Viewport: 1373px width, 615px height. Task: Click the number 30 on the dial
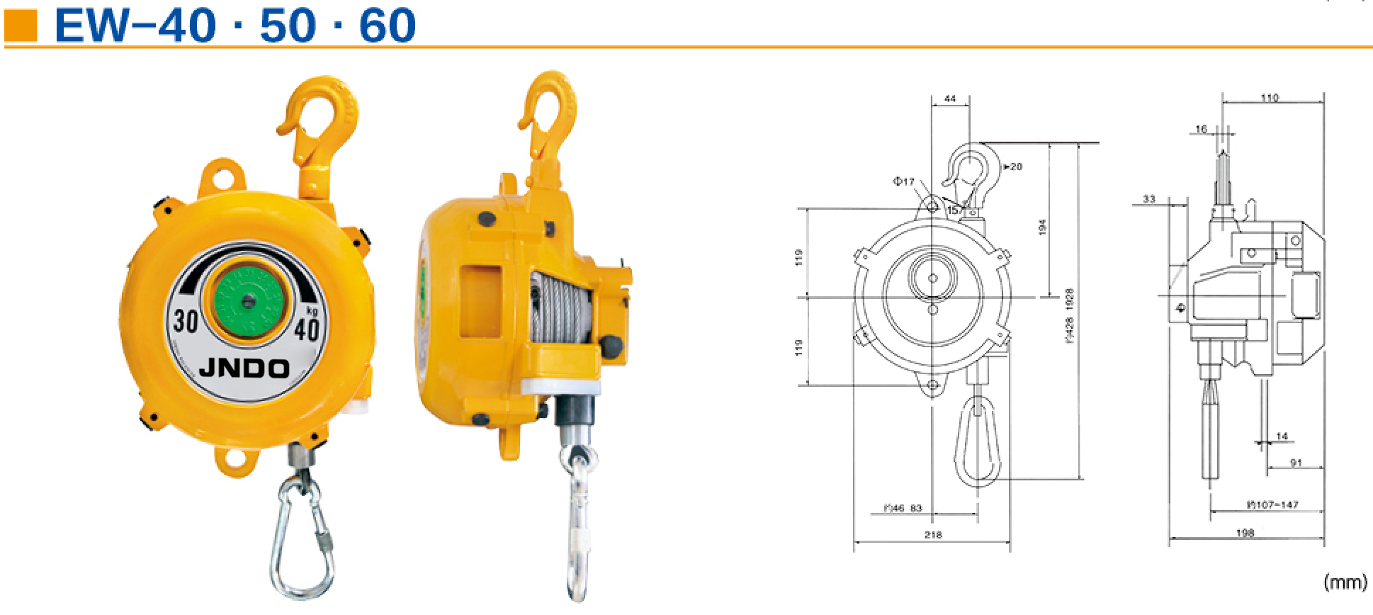pyautogui.click(x=185, y=321)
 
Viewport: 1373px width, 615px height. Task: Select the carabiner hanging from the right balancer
pyautogui.click(x=578, y=524)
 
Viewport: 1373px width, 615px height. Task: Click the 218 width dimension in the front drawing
pyautogui.click(x=933, y=536)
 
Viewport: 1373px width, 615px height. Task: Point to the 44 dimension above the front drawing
pyautogui.click(x=951, y=99)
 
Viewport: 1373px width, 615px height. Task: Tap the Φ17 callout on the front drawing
pyautogui.click(x=903, y=181)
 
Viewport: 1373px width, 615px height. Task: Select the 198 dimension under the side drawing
pyautogui.click(x=1245, y=533)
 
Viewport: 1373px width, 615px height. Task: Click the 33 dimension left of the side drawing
pyautogui.click(x=1149, y=199)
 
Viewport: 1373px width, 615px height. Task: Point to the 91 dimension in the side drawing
pyautogui.click(x=1296, y=463)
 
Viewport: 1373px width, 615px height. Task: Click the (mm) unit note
pyautogui.click(x=1344, y=582)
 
